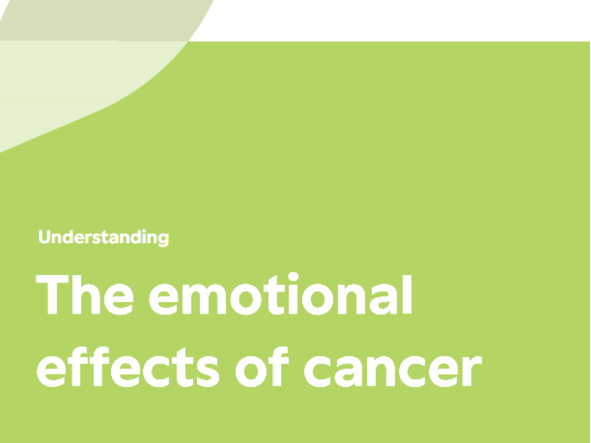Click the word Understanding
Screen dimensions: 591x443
pyautogui.click(x=103, y=237)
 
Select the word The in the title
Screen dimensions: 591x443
pyautogui.click(x=84, y=295)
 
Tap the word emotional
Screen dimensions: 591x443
pyautogui.click(x=281, y=294)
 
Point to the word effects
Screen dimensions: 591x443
pyautogui.click(x=128, y=367)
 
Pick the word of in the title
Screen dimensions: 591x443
pyautogui.click(x=262, y=367)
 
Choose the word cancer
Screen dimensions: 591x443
pyautogui.click(x=393, y=371)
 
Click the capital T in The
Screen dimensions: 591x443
pyautogui.click(x=52, y=294)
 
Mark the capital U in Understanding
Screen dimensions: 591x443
pyautogui.click(x=44, y=237)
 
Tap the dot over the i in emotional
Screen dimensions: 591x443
pyautogui.click(x=293, y=277)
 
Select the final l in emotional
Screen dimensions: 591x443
pyautogui.click(x=407, y=294)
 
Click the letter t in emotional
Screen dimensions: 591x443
pyautogui.click(x=275, y=295)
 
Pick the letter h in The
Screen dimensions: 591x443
pyautogui.click(x=86, y=294)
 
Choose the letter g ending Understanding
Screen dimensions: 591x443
pyautogui.click(x=163, y=239)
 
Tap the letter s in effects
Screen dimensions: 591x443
pyautogui.click(x=208, y=372)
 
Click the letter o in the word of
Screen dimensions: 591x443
pyautogui.click(x=252, y=372)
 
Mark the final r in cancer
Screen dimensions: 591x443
pyautogui.click(x=473, y=370)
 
